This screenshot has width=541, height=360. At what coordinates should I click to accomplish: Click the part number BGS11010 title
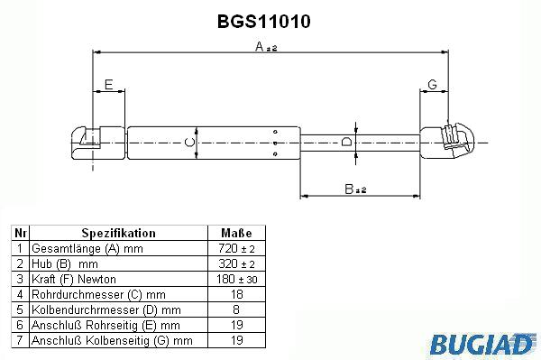pyautogui.click(x=264, y=22)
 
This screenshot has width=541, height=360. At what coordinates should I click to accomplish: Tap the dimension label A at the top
pyautogui.click(x=260, y=46)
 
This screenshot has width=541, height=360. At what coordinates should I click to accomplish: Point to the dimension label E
pyautogui.click(x=109, y=85)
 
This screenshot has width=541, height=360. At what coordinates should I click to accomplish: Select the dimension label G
pyautogui.click(x=432, y=84)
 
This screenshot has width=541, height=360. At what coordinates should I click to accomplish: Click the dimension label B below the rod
pyautogui.click(x=349, y=189)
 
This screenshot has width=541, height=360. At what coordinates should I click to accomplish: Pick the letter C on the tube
pyautogui.click(x=189, y=143)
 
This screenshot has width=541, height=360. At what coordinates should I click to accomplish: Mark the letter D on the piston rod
pyautogui.click(x=346, y=142)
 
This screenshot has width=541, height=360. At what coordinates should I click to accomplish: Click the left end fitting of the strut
pyautogui.click(x=98, y=143)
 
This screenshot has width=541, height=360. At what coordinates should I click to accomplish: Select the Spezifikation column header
pyautogui.click(x=119, y=233)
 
